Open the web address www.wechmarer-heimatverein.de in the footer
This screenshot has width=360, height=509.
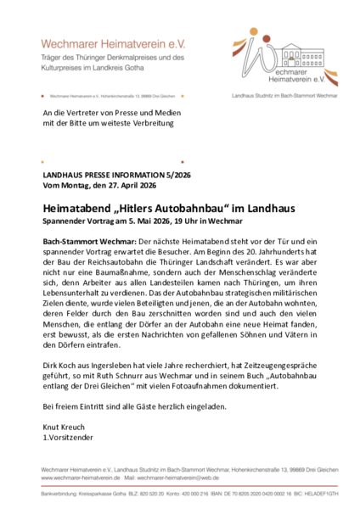(x=78, y=478)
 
